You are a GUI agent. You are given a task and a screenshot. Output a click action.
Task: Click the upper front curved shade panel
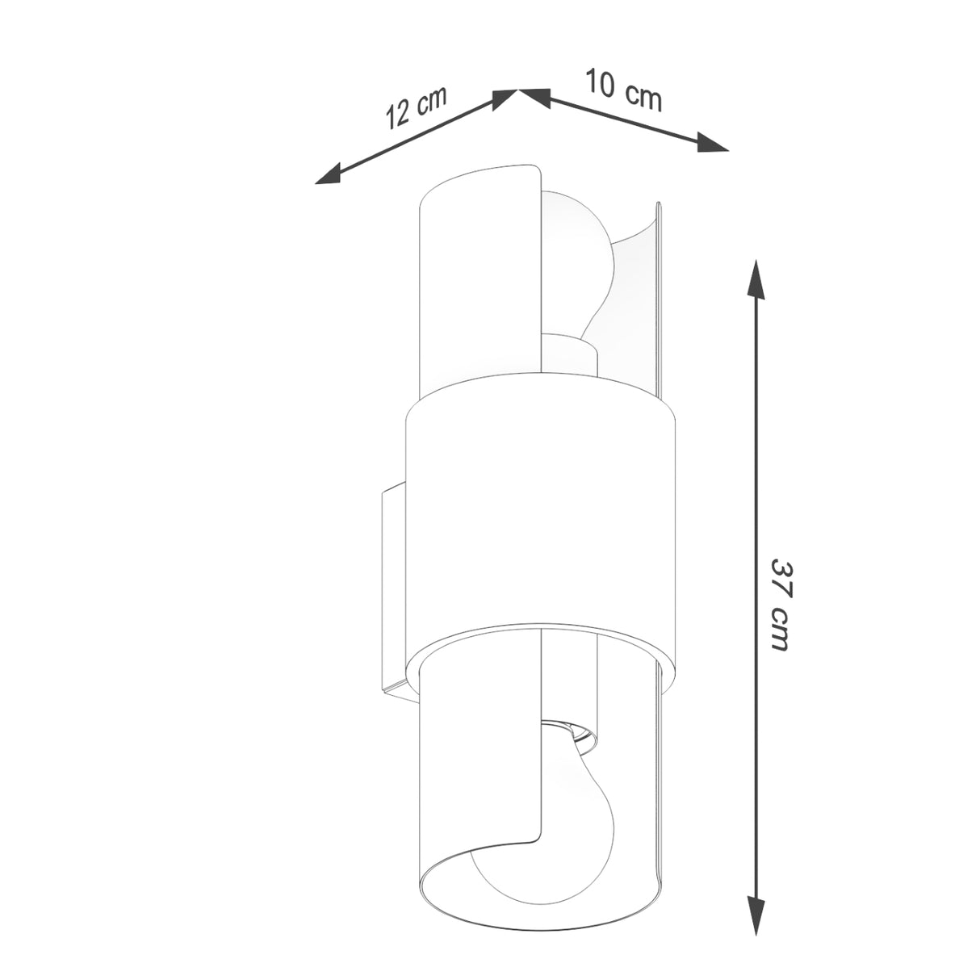tap(476, 283)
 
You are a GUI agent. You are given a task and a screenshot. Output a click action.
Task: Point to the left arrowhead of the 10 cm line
tap(533, 96)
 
